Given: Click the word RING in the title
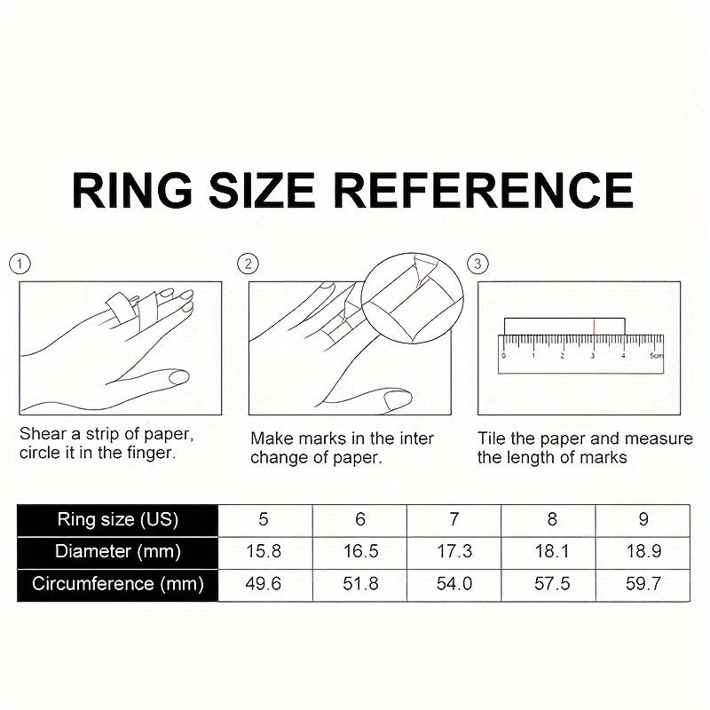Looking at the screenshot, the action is pos(132,190).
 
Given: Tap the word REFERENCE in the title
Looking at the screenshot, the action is pos(483,190).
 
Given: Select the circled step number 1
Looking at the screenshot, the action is pos(20,264).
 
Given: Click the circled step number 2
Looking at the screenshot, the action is pos(248,264).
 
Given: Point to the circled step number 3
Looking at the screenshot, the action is pos(477,264).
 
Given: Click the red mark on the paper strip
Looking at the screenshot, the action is pos(594,327).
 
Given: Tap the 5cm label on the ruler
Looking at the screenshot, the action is pos(657,356).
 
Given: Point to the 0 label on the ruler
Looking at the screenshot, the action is pos(504,356).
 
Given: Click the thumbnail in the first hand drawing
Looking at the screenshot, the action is pos(178,376).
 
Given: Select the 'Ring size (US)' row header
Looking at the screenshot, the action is pos(118,520).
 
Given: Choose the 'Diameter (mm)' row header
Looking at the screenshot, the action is pos(118,552).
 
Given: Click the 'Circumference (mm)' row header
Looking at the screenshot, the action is pos(118,584).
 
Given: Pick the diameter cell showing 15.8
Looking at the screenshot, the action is pos(264,552).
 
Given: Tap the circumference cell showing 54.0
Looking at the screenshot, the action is pos(454,584).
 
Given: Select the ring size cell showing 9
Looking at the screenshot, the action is pos(643,520).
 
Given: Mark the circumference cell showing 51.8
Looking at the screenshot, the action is pos(360,584).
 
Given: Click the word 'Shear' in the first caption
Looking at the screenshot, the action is pos(43,434).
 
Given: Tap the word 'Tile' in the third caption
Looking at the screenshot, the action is pos(492,438).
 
